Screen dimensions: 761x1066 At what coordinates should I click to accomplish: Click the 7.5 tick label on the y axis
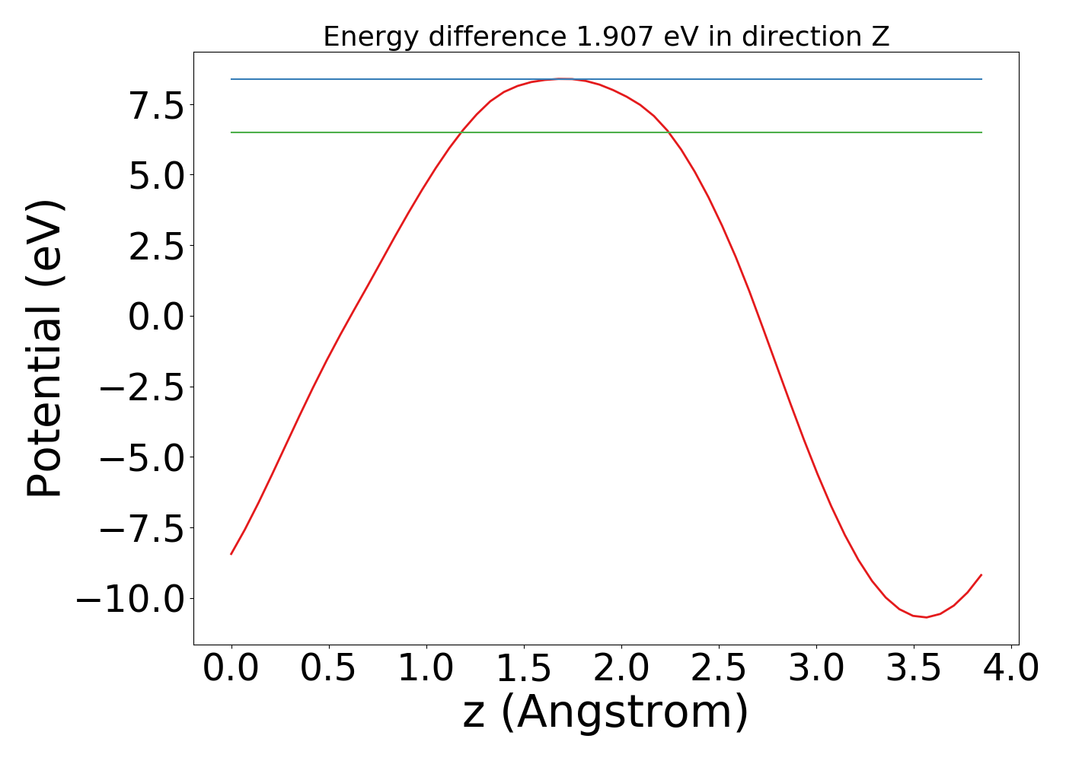[156, 105]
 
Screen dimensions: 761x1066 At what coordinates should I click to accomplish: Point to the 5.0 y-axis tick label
[156, 176]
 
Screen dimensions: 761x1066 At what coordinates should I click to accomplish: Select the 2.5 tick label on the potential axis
[156, 246]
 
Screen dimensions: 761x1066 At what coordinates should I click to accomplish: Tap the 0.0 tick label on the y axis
[156, 317]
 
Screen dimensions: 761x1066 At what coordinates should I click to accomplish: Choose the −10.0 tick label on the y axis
[130, 599]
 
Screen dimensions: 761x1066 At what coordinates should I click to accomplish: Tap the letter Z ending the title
[881, 37]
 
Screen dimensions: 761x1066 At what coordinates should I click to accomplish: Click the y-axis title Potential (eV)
[45, 349]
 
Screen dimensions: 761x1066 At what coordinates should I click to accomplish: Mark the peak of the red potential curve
[562, 78]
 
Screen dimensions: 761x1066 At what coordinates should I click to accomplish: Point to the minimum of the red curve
[926, 617]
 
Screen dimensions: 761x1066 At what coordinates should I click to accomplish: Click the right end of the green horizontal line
[981, 132]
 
